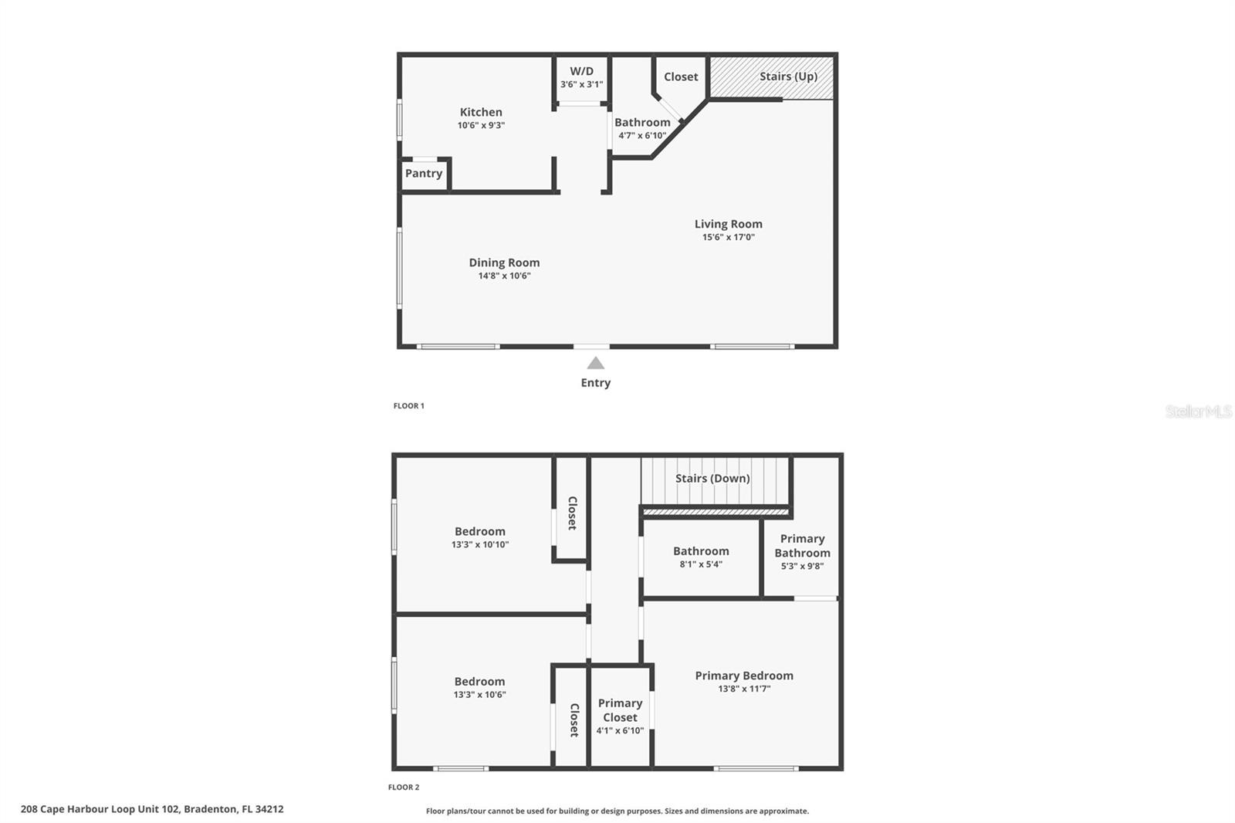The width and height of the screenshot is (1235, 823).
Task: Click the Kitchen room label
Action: click(481, 112)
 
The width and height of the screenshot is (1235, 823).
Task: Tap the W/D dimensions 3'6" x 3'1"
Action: click(581, 84)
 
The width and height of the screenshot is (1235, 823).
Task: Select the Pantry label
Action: click(424, 173)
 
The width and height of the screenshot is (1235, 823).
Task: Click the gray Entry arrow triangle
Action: click(595, 363)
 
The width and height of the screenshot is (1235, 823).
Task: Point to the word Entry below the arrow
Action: click(595, 382)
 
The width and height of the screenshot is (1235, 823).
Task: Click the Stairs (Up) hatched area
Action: click(772, 77)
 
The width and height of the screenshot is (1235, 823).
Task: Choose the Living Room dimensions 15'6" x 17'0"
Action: click(728, 237)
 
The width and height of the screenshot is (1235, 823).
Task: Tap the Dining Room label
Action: click(504, 262)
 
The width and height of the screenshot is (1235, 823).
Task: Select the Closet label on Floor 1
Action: click(680, 76)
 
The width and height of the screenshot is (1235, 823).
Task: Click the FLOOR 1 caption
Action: click(408, 405)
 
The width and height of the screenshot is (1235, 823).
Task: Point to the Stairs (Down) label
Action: click(712, 478)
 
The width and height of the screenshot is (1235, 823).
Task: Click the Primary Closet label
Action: click(620, 710)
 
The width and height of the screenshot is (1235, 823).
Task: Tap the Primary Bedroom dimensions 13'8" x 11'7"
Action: click(744, 689)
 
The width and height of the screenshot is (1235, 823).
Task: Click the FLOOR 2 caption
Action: click(403, 787)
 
